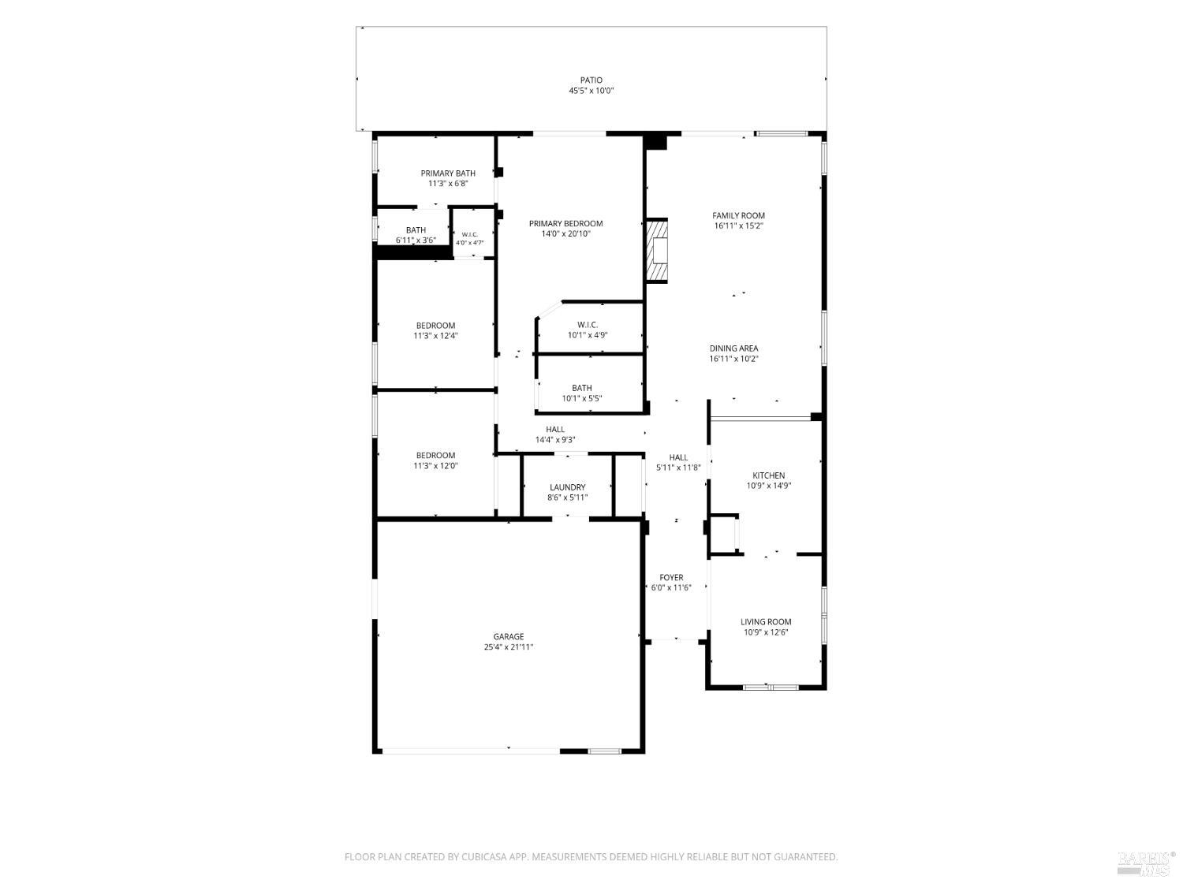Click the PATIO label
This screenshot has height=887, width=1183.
[591, 80]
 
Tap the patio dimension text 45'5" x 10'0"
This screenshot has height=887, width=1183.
[591, 91]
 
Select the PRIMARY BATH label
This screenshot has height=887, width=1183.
[448, 173]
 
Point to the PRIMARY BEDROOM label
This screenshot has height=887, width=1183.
[566, 223]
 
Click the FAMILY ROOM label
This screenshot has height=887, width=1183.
[738, 215]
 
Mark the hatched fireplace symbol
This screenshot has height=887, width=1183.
[657, 251]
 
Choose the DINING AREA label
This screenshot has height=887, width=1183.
[733, 348]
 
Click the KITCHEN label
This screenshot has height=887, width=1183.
[768, 475]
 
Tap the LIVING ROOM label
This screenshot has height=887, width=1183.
[766, 622]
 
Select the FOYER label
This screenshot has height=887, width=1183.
[671, 577]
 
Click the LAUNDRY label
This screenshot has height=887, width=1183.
[568, 487]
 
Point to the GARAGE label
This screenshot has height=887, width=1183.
[508, 636]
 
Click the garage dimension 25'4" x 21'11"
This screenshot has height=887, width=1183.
[508, 647]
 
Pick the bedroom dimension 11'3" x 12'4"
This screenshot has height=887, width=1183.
[435, 336]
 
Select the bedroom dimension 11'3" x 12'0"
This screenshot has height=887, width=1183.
[435, 466]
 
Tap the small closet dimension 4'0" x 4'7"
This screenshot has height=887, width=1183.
[470, 243]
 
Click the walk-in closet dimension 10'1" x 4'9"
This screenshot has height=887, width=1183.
[588, 335]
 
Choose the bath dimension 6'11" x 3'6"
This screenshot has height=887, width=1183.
[416, 240]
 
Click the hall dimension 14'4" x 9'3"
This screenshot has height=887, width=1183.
[555, 440]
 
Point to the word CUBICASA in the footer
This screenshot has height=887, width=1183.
[483, 857]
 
